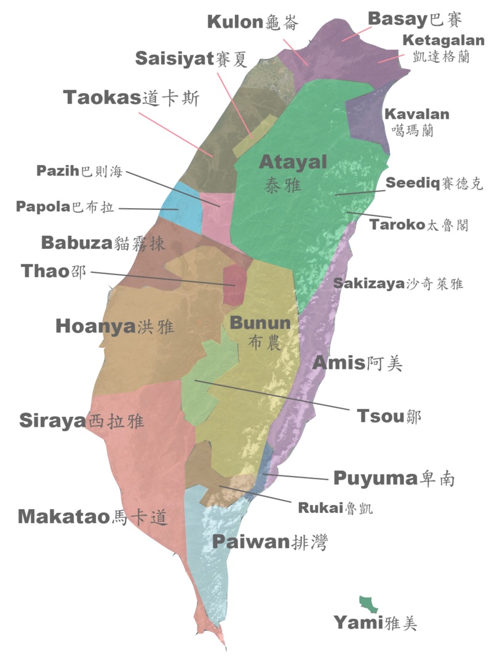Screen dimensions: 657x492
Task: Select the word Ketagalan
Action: point(443,41)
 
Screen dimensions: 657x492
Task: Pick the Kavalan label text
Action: point(416,115)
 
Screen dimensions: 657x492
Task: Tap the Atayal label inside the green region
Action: point(293,162)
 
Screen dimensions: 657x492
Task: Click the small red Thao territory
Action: point(234,284)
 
